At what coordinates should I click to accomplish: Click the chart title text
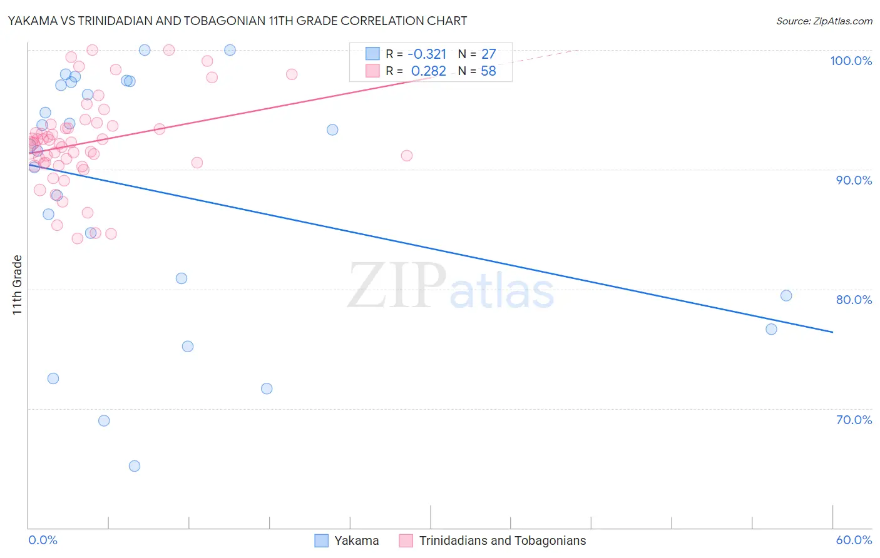coord(237,21)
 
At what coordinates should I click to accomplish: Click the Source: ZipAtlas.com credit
coord(824,21)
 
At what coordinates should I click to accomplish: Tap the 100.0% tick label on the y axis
coord(851,61)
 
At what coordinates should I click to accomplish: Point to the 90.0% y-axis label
coord(854,180)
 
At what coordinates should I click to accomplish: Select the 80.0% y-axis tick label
coord(854,300)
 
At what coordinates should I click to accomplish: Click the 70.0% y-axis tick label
coord(854,420)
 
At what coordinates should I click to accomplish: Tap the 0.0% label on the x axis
coord(43,540)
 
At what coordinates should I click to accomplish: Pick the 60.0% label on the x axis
coord(854,540)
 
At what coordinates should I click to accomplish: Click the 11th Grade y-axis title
coord(18,285)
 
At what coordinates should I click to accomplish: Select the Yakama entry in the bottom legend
coord(356,540)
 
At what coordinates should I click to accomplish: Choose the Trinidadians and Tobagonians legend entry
coord(502,540)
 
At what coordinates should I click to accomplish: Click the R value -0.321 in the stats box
coord(427,54)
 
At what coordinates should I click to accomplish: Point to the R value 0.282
coord(429,71)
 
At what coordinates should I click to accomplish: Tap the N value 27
coord(488,54)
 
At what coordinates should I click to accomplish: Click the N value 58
coord(488,71)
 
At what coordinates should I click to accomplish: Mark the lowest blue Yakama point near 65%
coord(135,466)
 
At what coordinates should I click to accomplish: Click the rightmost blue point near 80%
coord(786,296)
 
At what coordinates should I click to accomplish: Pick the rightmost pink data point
coord(407,156)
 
